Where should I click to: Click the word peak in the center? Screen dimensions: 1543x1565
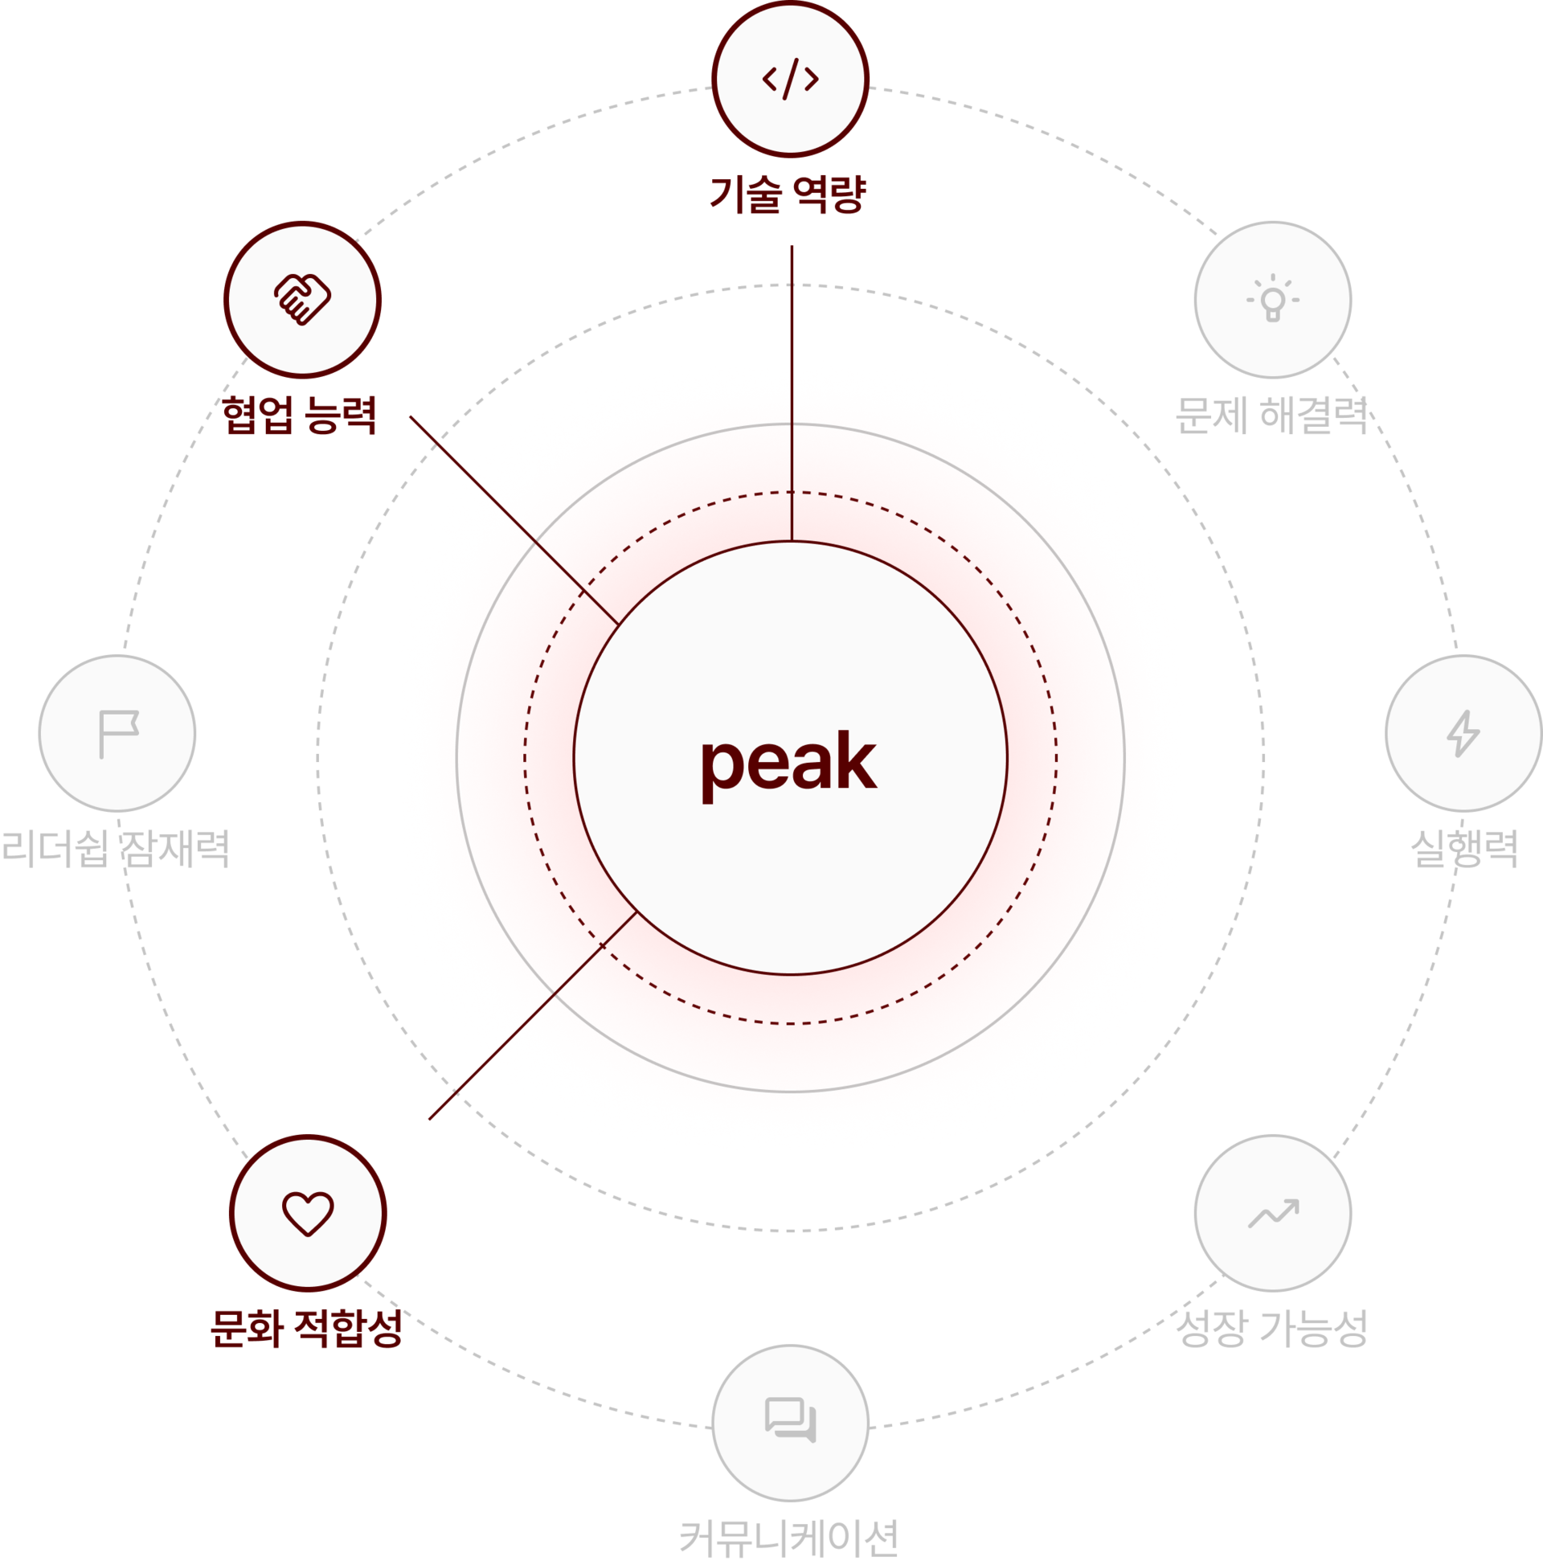click(x=789, y=765)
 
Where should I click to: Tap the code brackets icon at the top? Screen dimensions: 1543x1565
click(x=791, y=79)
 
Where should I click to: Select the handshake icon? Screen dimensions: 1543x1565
click(x=302, y=300)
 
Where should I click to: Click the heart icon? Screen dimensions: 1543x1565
click(x=308, y=1214)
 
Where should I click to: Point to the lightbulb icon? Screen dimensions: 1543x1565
click(x=1272, y=298)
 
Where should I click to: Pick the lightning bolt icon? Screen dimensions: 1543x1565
click(x=1463, y=734)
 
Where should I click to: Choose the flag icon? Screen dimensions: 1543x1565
click(x=118, y=734)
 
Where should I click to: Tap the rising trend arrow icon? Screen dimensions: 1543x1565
click(x=1273, y=1214)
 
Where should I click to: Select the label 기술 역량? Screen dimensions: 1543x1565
click(x=788, y=195)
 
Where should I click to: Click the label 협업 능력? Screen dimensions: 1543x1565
click(x=300, y=415)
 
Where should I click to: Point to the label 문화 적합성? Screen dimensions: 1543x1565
click(x=306, y=1329)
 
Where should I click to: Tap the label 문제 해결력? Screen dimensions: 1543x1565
click(x=1271, y=415)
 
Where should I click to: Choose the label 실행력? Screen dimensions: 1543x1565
click(x=1464, y=849)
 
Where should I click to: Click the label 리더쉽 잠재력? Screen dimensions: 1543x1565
click(x=116, y=849)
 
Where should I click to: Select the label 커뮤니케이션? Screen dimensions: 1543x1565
click(x=789, y=1539)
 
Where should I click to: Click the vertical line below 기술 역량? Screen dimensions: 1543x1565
click(x=792, y=393)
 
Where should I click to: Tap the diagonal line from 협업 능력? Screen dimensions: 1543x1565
click(x=514, y=520)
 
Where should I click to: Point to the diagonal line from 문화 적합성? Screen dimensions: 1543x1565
click(x=533, y=1016)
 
